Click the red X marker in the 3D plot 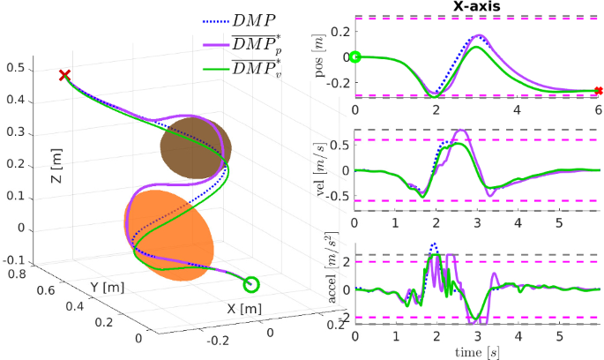coord(63,76)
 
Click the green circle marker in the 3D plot coord(251,284)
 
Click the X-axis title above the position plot coord(476,7)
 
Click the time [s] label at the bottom coord(476,352)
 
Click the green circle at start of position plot coord(355,57)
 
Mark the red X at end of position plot coord(598,91)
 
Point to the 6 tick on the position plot coord(598,109)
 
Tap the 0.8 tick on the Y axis coord(14,275)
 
